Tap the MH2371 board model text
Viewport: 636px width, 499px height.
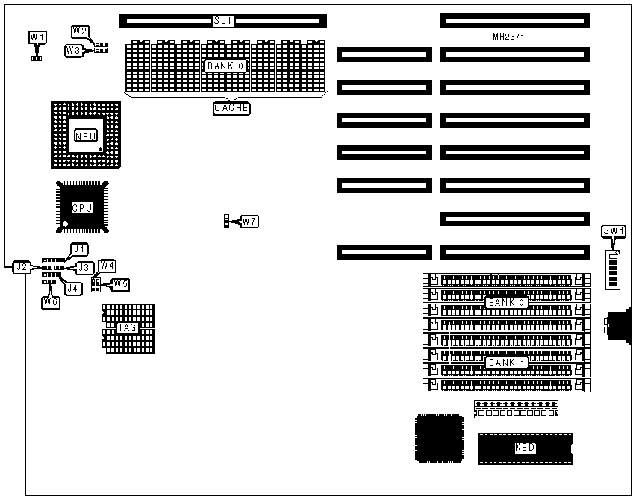(513, 37)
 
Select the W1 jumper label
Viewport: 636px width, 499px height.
(37, 37)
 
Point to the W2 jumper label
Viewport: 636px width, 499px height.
(81, 31)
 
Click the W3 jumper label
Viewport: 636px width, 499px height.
(73, 50)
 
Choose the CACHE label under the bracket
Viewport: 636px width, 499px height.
(231, 108)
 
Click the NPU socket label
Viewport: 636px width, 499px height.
(84, 136)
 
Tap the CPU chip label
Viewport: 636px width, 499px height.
(81, 207)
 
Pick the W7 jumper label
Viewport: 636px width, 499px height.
(249, 221)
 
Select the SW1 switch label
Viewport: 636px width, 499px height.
(612, 231)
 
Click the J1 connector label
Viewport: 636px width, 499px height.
(79, 248)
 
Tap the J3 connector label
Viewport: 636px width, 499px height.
(84, 266)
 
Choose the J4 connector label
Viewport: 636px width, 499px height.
(72, 287)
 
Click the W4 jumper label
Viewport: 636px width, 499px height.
(107, 266)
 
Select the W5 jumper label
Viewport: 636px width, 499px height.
(120, 283)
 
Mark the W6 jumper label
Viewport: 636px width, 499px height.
(50, 301)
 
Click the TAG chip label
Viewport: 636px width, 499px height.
(128, 327)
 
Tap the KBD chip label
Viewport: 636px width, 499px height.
(525, 448)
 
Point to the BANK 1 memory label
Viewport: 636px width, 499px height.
(508, 363)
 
